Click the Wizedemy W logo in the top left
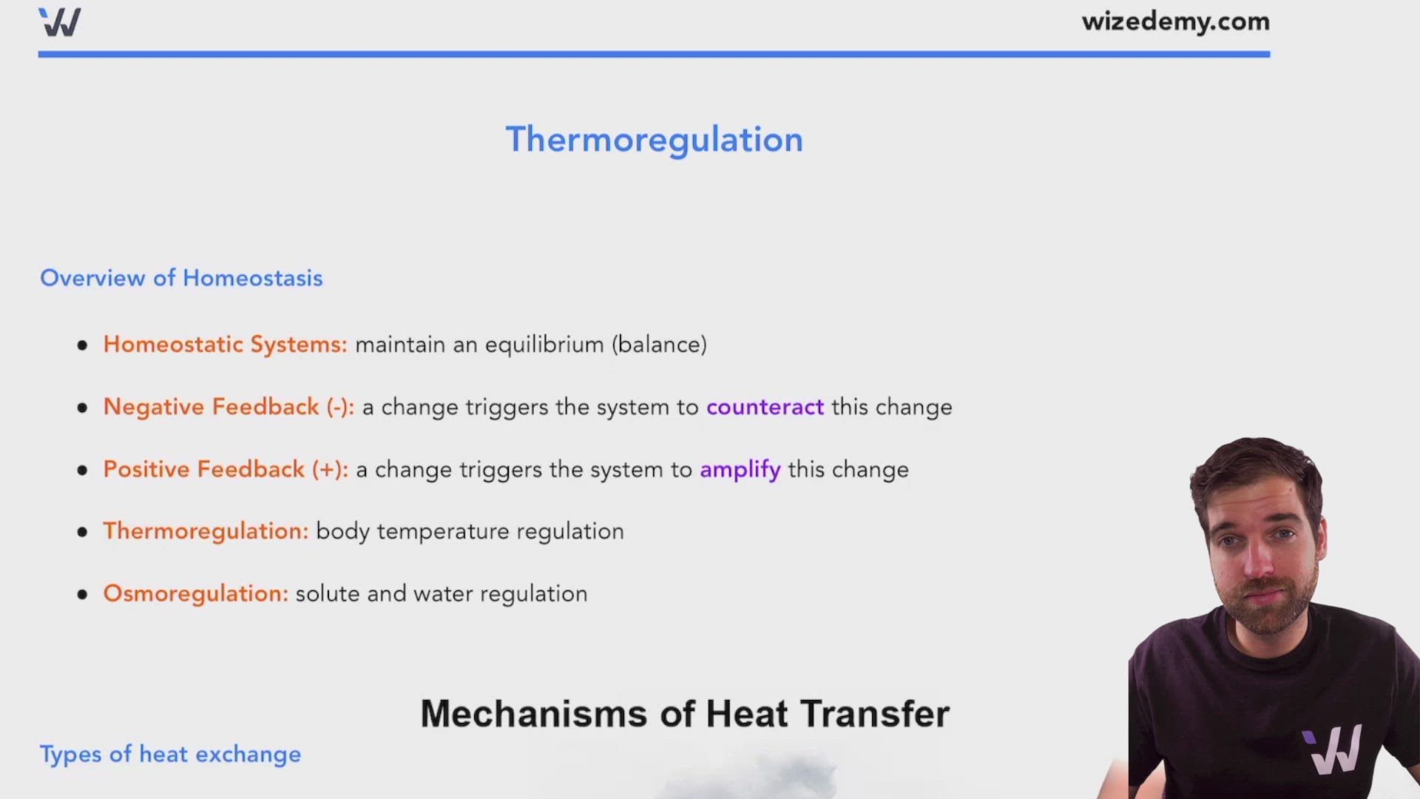(x=60, y=22)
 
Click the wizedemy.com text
(x=1175, y=21)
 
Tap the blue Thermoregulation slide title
(x=654, y=140)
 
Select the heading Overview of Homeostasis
(x=181, y=278)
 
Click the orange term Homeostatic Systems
(x=224, y=345)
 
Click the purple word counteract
(x=765, y=408)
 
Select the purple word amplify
(x=740, y=470)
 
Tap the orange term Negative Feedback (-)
(x=228, y=408)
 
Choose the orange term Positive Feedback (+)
(x=225, y=470)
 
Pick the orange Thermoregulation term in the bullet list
(x=205, y=531)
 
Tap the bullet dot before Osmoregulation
(x=82, y=594)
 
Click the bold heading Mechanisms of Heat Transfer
(x=684, y=714)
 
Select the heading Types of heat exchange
(x=170, y=755)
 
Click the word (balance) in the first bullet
(x=659, y=345)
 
